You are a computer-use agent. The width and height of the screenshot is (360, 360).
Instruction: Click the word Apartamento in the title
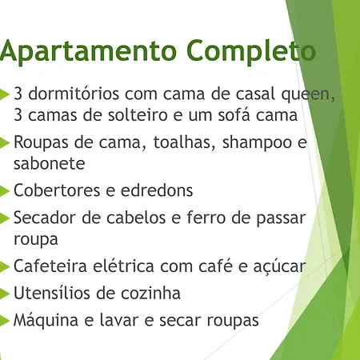coord(88,51)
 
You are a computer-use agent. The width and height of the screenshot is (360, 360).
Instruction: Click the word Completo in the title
coord(252,51)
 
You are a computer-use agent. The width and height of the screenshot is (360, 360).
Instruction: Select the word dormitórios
coord(74,94)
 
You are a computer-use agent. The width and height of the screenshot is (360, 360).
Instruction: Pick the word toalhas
coord(184,142)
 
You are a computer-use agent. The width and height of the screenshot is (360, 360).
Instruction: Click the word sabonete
coord(50,163)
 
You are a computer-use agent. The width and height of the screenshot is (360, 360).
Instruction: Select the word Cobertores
coord(57,190)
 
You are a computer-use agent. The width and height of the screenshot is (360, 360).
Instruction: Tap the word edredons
coord(157,190)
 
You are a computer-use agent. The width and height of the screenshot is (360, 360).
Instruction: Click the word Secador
coord(45,218)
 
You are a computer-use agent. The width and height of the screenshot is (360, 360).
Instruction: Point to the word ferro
coord(206,217)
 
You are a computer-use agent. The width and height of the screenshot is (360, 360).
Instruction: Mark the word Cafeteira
coord(50,266)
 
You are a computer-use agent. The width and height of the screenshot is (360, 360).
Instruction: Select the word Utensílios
coord(51,293)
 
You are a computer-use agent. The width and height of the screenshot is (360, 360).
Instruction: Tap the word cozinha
coord(150,293)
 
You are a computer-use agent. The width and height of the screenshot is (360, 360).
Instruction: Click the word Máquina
coord(46,320)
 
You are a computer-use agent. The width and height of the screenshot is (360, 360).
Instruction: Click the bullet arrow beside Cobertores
coord(4,190)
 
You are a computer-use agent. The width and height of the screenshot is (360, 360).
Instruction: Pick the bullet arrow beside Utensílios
coord(4,293)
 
